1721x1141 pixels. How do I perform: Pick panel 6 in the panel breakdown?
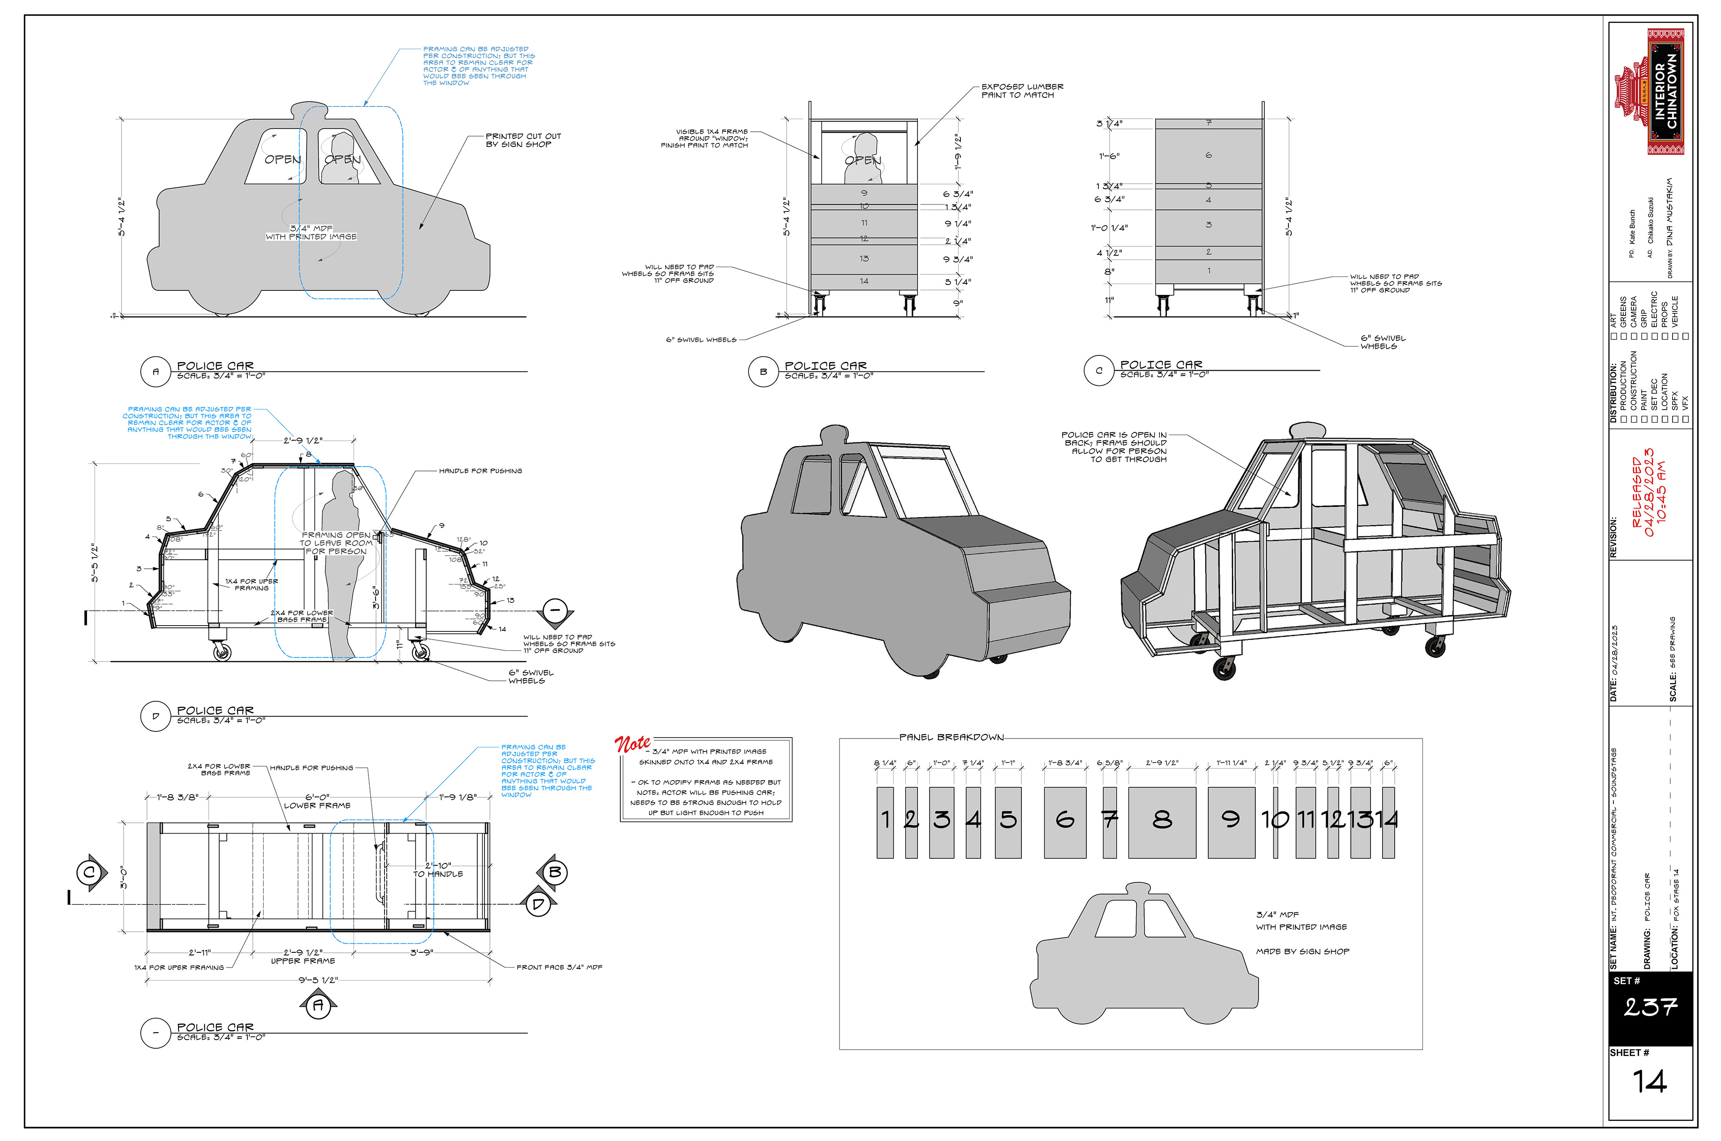(1064, 821)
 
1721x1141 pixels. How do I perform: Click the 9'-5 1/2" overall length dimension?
(318, 980)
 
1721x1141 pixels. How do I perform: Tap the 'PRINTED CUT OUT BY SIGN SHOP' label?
(523, 140)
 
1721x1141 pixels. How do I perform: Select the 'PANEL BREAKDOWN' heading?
(951, 737)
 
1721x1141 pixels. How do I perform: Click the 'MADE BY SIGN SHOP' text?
(1302, 951)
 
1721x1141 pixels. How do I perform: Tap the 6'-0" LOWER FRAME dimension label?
(317, 801)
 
